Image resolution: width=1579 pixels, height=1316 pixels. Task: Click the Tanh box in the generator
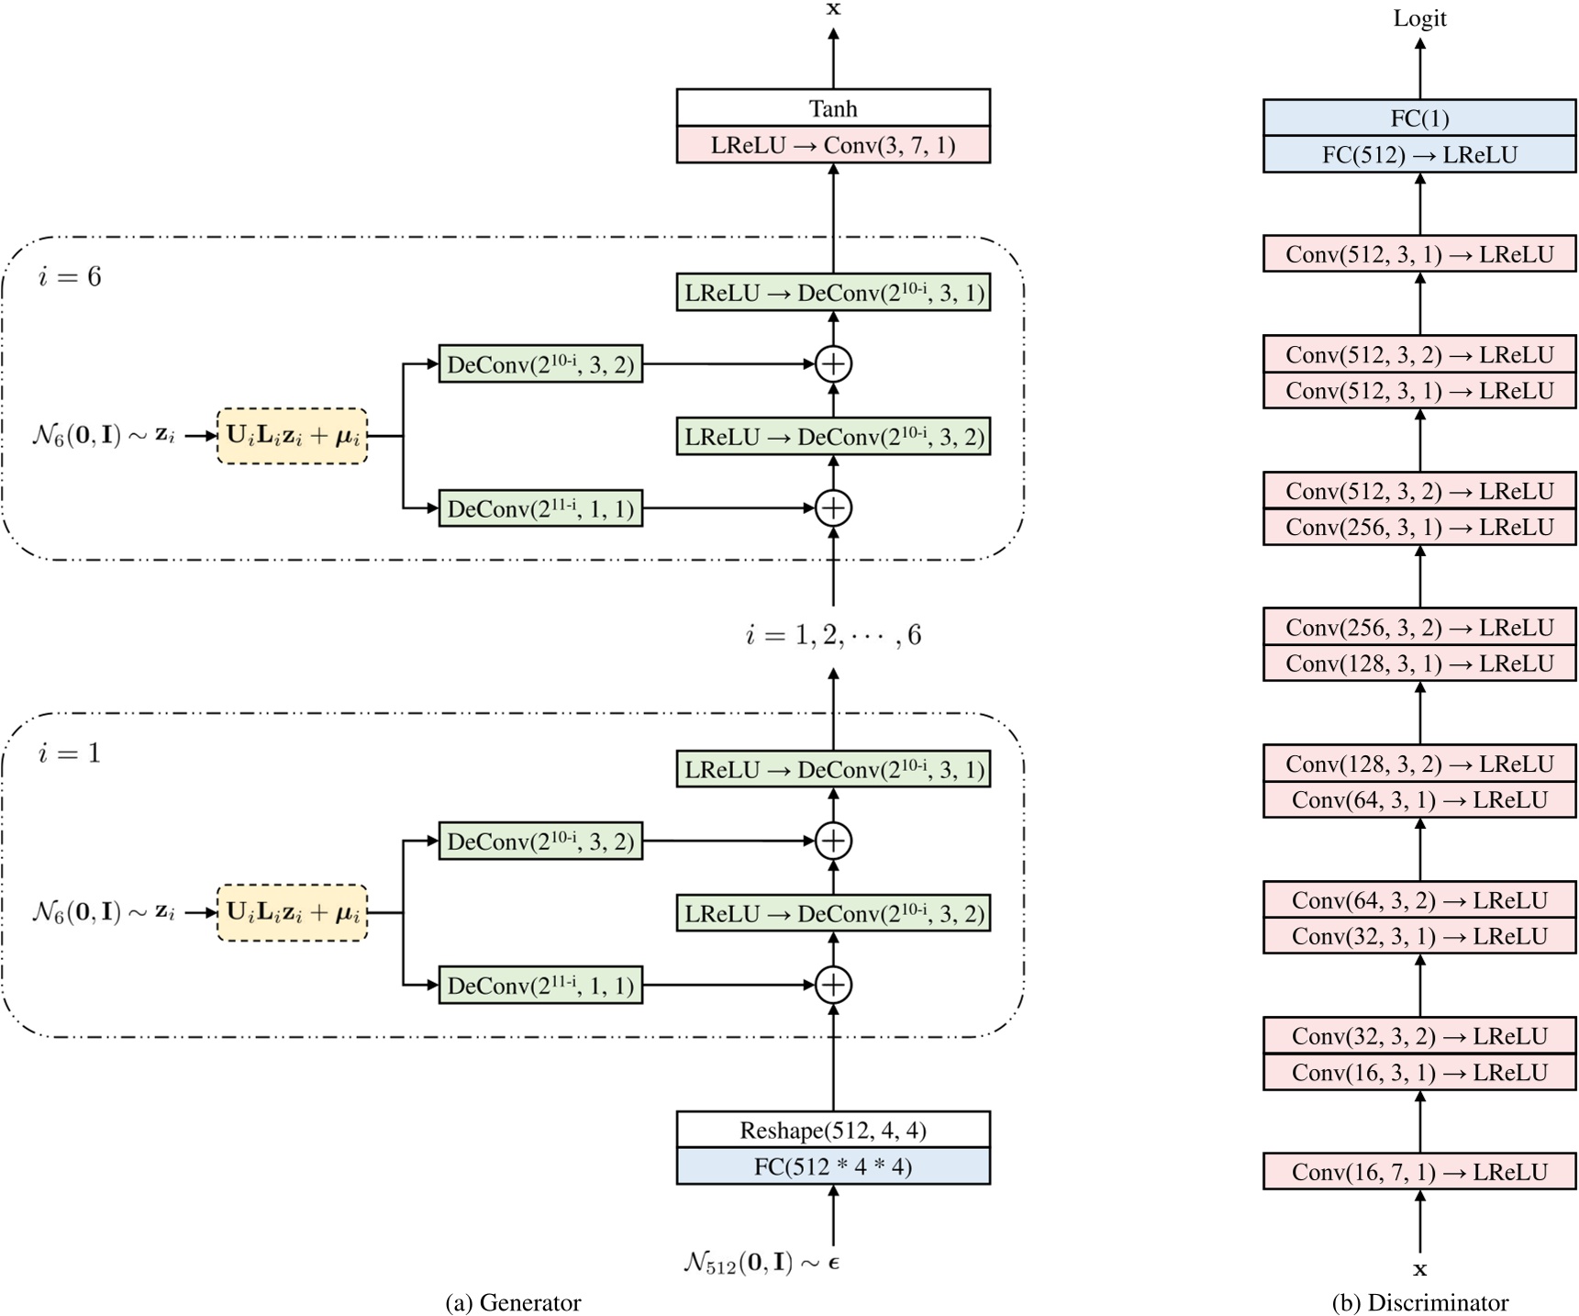point(832,108)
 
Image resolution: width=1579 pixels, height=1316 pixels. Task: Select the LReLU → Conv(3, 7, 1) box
point(832,145)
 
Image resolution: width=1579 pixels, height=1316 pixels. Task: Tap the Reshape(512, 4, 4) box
point(832,1130)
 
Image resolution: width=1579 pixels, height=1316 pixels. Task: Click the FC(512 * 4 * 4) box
point(832,1166)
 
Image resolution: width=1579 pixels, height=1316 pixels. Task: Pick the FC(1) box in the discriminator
point(1418,118)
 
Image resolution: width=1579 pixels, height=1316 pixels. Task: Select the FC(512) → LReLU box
point(1418,154)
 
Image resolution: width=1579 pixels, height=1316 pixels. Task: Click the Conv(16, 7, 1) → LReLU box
point(1418,1172)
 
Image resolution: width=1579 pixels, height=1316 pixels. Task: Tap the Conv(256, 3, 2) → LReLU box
point(1418,628)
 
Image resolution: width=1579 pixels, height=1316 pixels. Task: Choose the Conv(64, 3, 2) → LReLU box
point(1418,900)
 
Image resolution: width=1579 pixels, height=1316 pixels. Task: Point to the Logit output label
point(1418,18)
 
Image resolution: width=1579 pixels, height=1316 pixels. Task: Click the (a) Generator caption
point(513,1302)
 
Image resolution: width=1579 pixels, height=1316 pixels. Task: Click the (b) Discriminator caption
point(1418,1302)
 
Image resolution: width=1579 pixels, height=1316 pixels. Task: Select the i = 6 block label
point(70,277)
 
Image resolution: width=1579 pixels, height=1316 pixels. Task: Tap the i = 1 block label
point(70,753)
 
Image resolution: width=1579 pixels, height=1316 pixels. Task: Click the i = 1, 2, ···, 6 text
point(832,635)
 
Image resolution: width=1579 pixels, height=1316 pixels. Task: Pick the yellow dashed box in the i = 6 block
point(292,436)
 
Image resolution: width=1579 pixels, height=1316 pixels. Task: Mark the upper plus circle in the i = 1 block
point(832,841)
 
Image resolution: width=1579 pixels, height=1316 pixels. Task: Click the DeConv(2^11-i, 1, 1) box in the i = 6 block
point(540,508)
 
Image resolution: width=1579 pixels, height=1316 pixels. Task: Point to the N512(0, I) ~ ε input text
point(762,1263)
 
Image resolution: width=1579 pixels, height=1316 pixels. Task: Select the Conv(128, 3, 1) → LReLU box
point(1418,664)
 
